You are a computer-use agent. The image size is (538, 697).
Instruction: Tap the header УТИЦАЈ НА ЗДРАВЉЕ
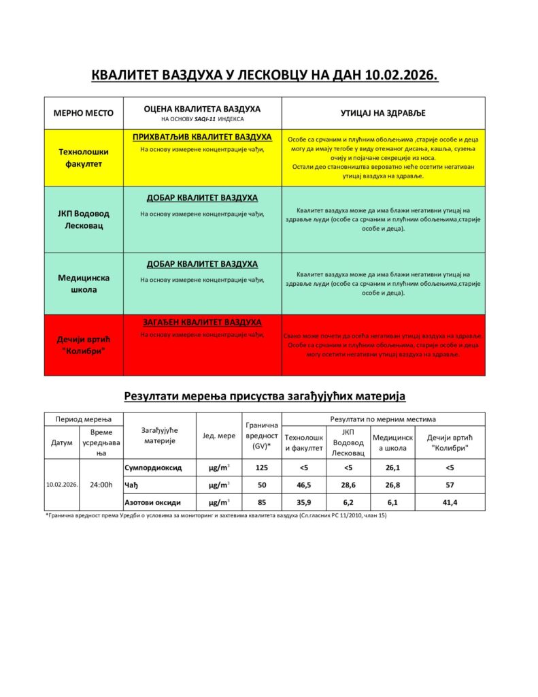[x=383, y=113]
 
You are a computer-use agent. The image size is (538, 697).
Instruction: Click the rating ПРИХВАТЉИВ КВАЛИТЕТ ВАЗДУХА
[x=202, y=137]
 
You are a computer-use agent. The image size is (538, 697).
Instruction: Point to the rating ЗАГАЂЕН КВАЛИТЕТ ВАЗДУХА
[x=202, y=322]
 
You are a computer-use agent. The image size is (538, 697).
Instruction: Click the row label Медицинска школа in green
[x=84, y=284]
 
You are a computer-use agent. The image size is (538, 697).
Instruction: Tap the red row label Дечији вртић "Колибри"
[x=84, y=344]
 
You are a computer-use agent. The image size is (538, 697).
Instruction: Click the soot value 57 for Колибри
[x=450, y=485]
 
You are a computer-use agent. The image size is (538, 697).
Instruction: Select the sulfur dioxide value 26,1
[x=392, y=468]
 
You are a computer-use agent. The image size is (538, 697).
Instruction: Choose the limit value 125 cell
[x=261, y=468]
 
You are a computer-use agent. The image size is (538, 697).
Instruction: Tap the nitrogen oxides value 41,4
[x=450, y=502]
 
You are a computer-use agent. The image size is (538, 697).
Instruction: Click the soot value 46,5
[x=304, y=485]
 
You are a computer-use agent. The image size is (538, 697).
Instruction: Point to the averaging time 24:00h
[x=101, y=485]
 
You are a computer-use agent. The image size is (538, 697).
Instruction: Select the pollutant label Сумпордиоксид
[x=152, y=468]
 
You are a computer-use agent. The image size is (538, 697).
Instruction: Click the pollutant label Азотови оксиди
[x=153, y=502]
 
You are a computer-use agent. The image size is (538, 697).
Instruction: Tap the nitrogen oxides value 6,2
[x=348, y=502]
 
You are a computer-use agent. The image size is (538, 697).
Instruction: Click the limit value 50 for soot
[x=261, y=485]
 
